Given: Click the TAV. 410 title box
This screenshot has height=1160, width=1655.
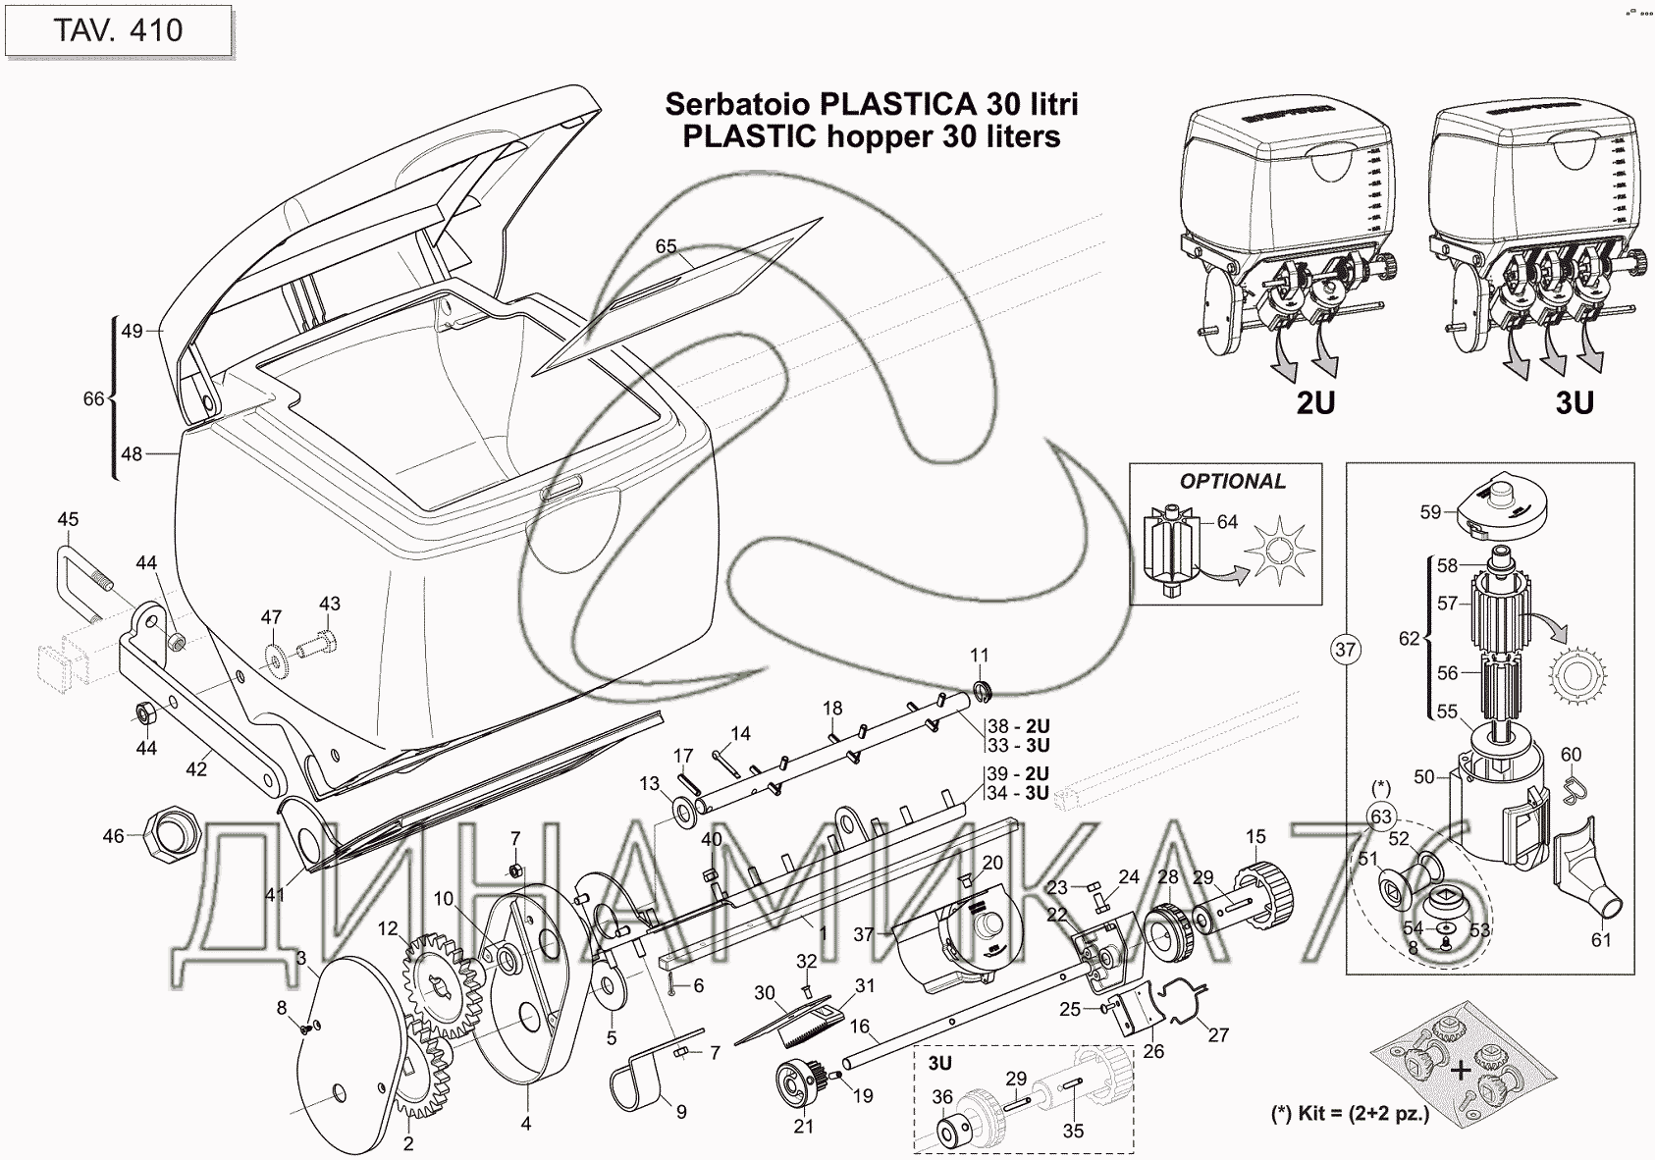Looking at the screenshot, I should point(118,30).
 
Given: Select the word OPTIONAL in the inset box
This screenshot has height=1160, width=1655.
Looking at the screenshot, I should point(1232,481).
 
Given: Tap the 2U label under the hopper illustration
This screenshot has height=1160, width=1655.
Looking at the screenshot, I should point(1315,402).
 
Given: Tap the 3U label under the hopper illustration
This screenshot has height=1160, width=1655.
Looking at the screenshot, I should point(1574,402).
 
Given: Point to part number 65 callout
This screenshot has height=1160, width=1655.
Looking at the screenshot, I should point(666,246).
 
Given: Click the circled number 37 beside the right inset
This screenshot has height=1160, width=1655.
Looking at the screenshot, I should point(1345,649).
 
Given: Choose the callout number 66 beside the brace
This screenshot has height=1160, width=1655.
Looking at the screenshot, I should point(93,398).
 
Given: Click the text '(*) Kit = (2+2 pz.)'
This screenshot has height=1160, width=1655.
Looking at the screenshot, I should point(1350,1115).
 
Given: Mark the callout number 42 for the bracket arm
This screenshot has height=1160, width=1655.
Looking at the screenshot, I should point(196,769).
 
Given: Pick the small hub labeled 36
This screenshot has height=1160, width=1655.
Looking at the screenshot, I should point(952,1130).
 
